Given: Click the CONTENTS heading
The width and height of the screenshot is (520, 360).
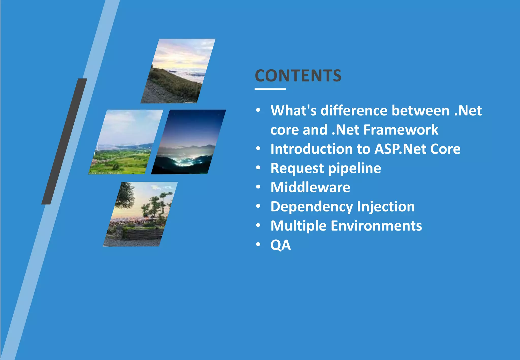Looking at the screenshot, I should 298,76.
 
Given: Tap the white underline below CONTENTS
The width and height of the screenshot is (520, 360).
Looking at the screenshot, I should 270,89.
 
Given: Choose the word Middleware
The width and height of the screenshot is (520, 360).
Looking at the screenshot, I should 310,187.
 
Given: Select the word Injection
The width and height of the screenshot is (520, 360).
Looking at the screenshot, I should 386,206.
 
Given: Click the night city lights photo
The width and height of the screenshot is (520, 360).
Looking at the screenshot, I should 188,142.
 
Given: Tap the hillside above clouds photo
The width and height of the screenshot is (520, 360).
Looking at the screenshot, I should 178,71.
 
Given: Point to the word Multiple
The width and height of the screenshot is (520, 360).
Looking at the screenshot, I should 298,226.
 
